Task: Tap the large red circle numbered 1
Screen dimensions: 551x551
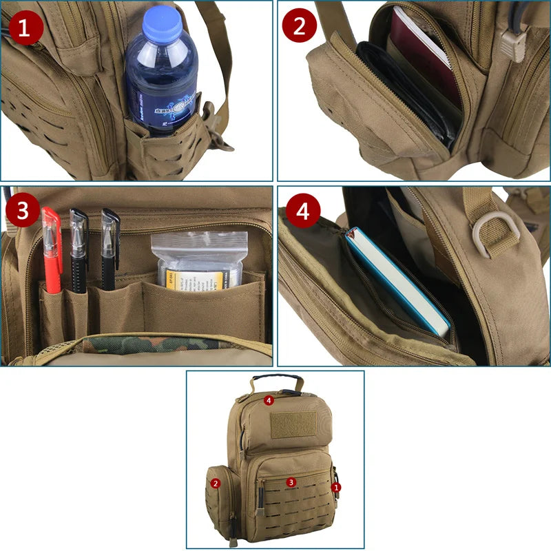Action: click(x=25, y=29)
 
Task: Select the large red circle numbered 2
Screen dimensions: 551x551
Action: click(x=300, y=27)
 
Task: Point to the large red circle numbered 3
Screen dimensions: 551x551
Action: click(x=22, y=211)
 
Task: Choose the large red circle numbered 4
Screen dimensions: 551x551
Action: click(x=303, y=212)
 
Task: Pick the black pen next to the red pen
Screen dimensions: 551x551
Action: click(x=79, y=248)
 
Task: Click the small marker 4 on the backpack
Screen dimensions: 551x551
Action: click(x=269, y=399)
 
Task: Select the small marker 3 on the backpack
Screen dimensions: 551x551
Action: click(x=291, y=482)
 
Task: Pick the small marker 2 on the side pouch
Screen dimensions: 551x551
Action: click(x=216, y=484)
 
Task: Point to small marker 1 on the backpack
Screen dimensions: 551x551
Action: click(x=336, y=487)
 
